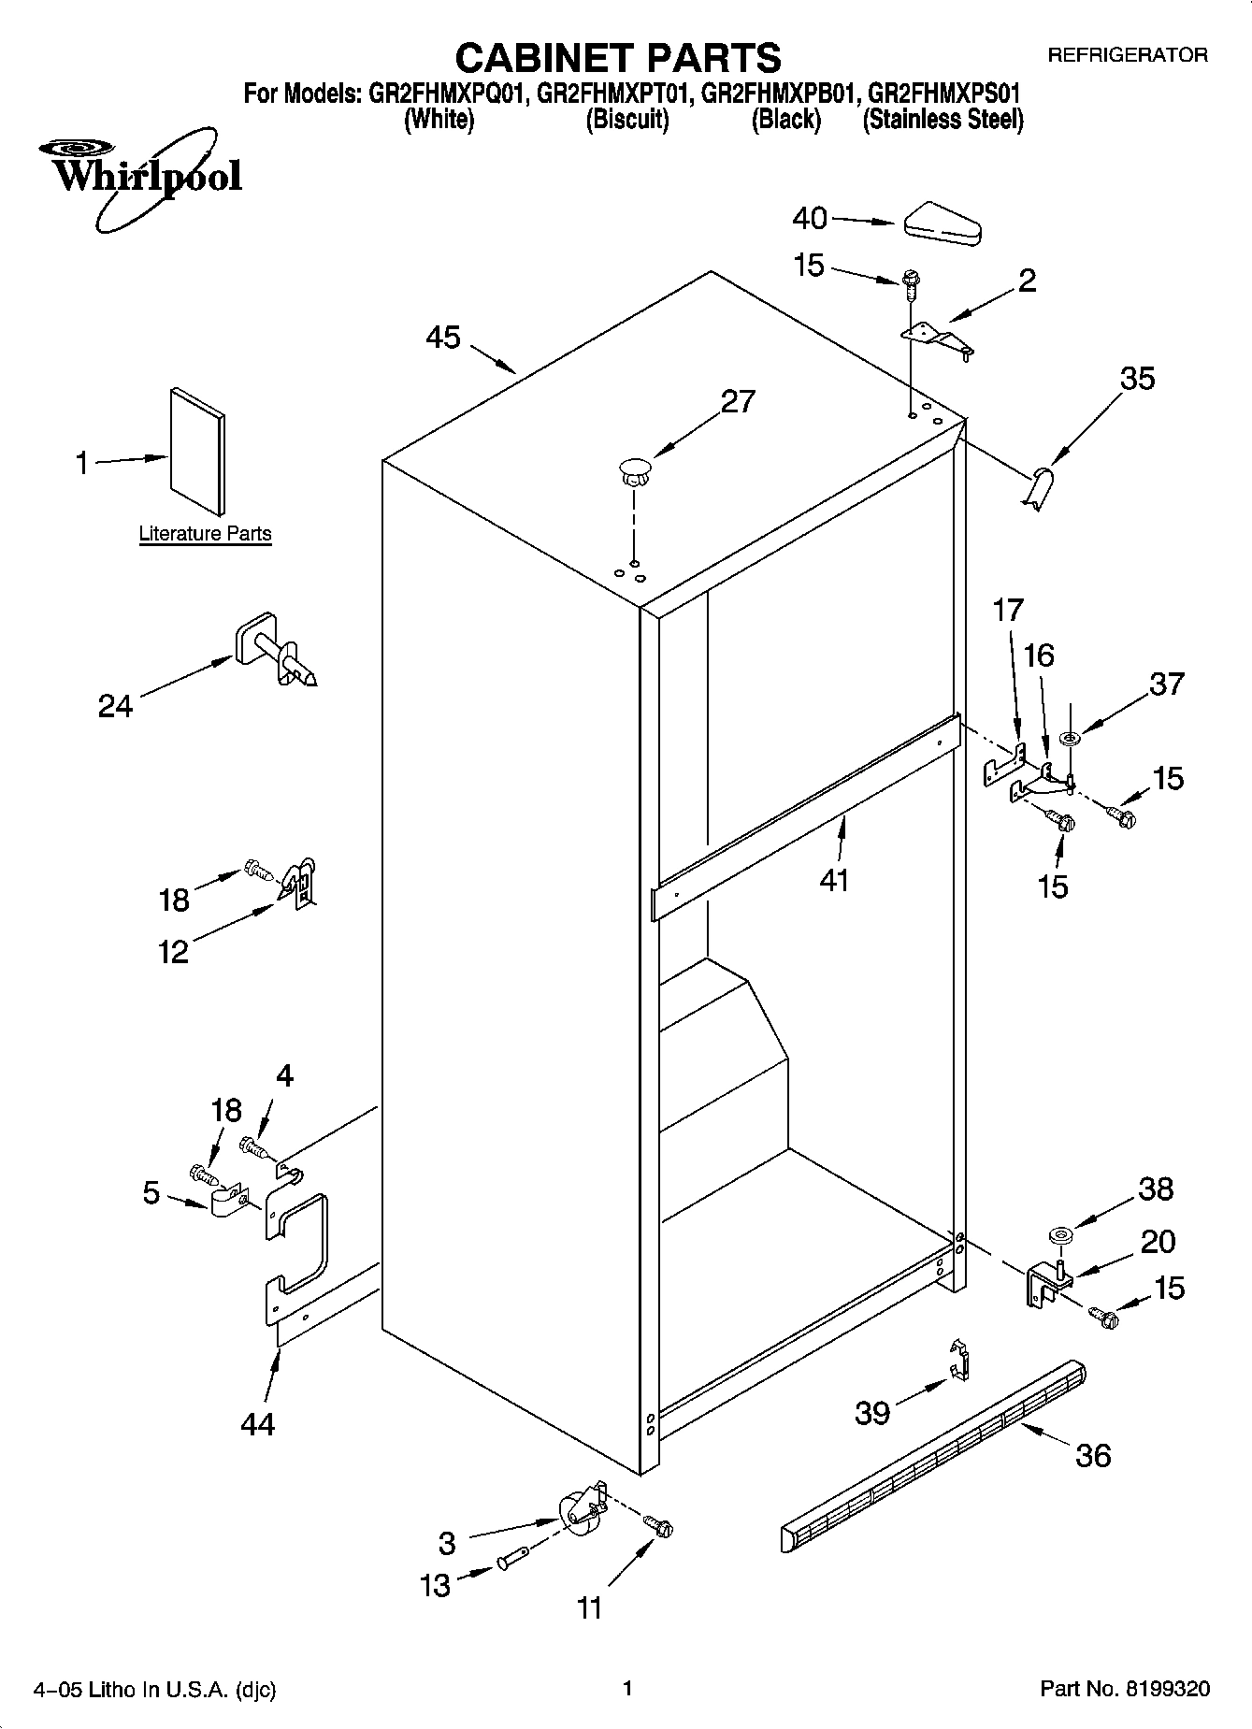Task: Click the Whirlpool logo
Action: pos(140,178)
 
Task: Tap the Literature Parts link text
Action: pos(205,534)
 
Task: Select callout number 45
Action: pos(443,338)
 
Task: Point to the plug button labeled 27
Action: pos(634,469)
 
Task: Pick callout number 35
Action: pos(1136,379)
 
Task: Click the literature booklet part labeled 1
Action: pos(197,451)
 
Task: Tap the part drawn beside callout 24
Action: pos(274,650)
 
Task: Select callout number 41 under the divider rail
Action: pos(833,880)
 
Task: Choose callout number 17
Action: pos(1008,611)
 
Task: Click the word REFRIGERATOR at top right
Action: pos(1127,55)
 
